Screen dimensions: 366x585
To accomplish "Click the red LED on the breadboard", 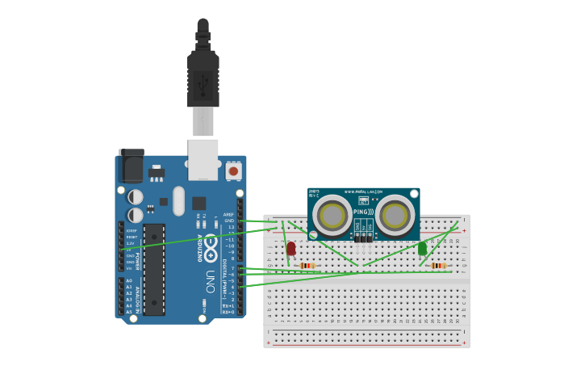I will click(x=290, y=249).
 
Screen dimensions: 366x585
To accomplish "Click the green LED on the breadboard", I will click(x=422, y=249).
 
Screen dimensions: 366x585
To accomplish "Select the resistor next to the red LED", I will click(x=307, y=266).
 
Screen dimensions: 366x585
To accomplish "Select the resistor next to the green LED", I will click(x=438, y=266).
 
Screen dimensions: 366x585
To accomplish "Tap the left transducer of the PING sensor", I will click(x=332, y=215).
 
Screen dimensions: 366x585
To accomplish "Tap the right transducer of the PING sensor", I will click(x=395, y=215).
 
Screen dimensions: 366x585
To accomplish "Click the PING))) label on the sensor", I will click(x=363, y=212).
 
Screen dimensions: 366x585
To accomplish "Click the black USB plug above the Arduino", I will click(x=203, y=77).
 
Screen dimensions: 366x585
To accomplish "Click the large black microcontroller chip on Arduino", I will click(x=154, y=269).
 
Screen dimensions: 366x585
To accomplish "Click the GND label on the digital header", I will click(x=229, y=221).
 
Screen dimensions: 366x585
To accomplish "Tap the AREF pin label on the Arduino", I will click(x=228, y=215).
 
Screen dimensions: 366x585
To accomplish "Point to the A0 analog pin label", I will click(x=129, y=281).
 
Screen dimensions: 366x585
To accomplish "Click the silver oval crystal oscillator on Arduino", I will click(x=178, y=201).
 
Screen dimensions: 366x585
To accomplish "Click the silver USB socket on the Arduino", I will click(x=203, y=159).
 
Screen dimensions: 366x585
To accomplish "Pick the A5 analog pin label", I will click(x=129, y=312).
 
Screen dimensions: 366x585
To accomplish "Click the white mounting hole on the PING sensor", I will click(x=414, y=194).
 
